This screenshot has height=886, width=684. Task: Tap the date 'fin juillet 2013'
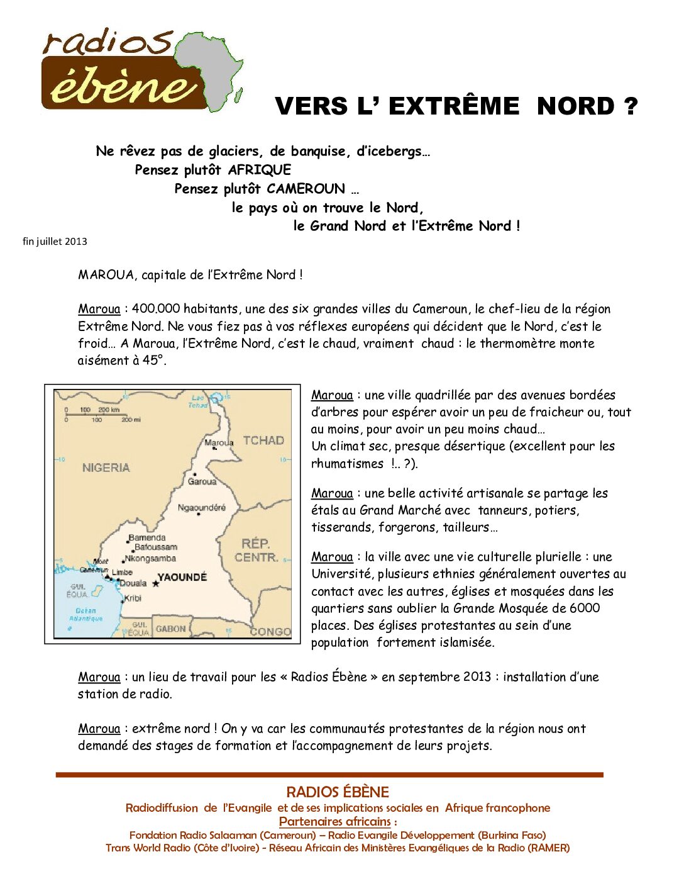tap(55, 242)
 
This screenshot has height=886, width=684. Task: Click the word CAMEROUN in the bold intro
tap(306, 189)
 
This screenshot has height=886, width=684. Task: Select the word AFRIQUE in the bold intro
tap(259, 170)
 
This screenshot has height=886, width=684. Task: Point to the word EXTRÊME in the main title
tap(453, 106)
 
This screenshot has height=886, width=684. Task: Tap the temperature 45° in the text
tap(153, 361)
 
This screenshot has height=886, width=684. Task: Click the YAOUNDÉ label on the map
tap(182, 578)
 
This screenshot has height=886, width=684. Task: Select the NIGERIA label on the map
tap(106, 468)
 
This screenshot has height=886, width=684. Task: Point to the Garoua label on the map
tap(202, 481)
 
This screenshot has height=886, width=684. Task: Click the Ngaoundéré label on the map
tap(201, 508)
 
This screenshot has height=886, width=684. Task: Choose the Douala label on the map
tap(133, 583)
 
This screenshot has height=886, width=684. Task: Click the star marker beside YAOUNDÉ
tap(156, 584)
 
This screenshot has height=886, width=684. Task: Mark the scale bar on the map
tap(98, 414)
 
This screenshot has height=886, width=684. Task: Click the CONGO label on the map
tap(270, 631)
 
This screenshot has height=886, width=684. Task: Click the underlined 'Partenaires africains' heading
tap(335, 822)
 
